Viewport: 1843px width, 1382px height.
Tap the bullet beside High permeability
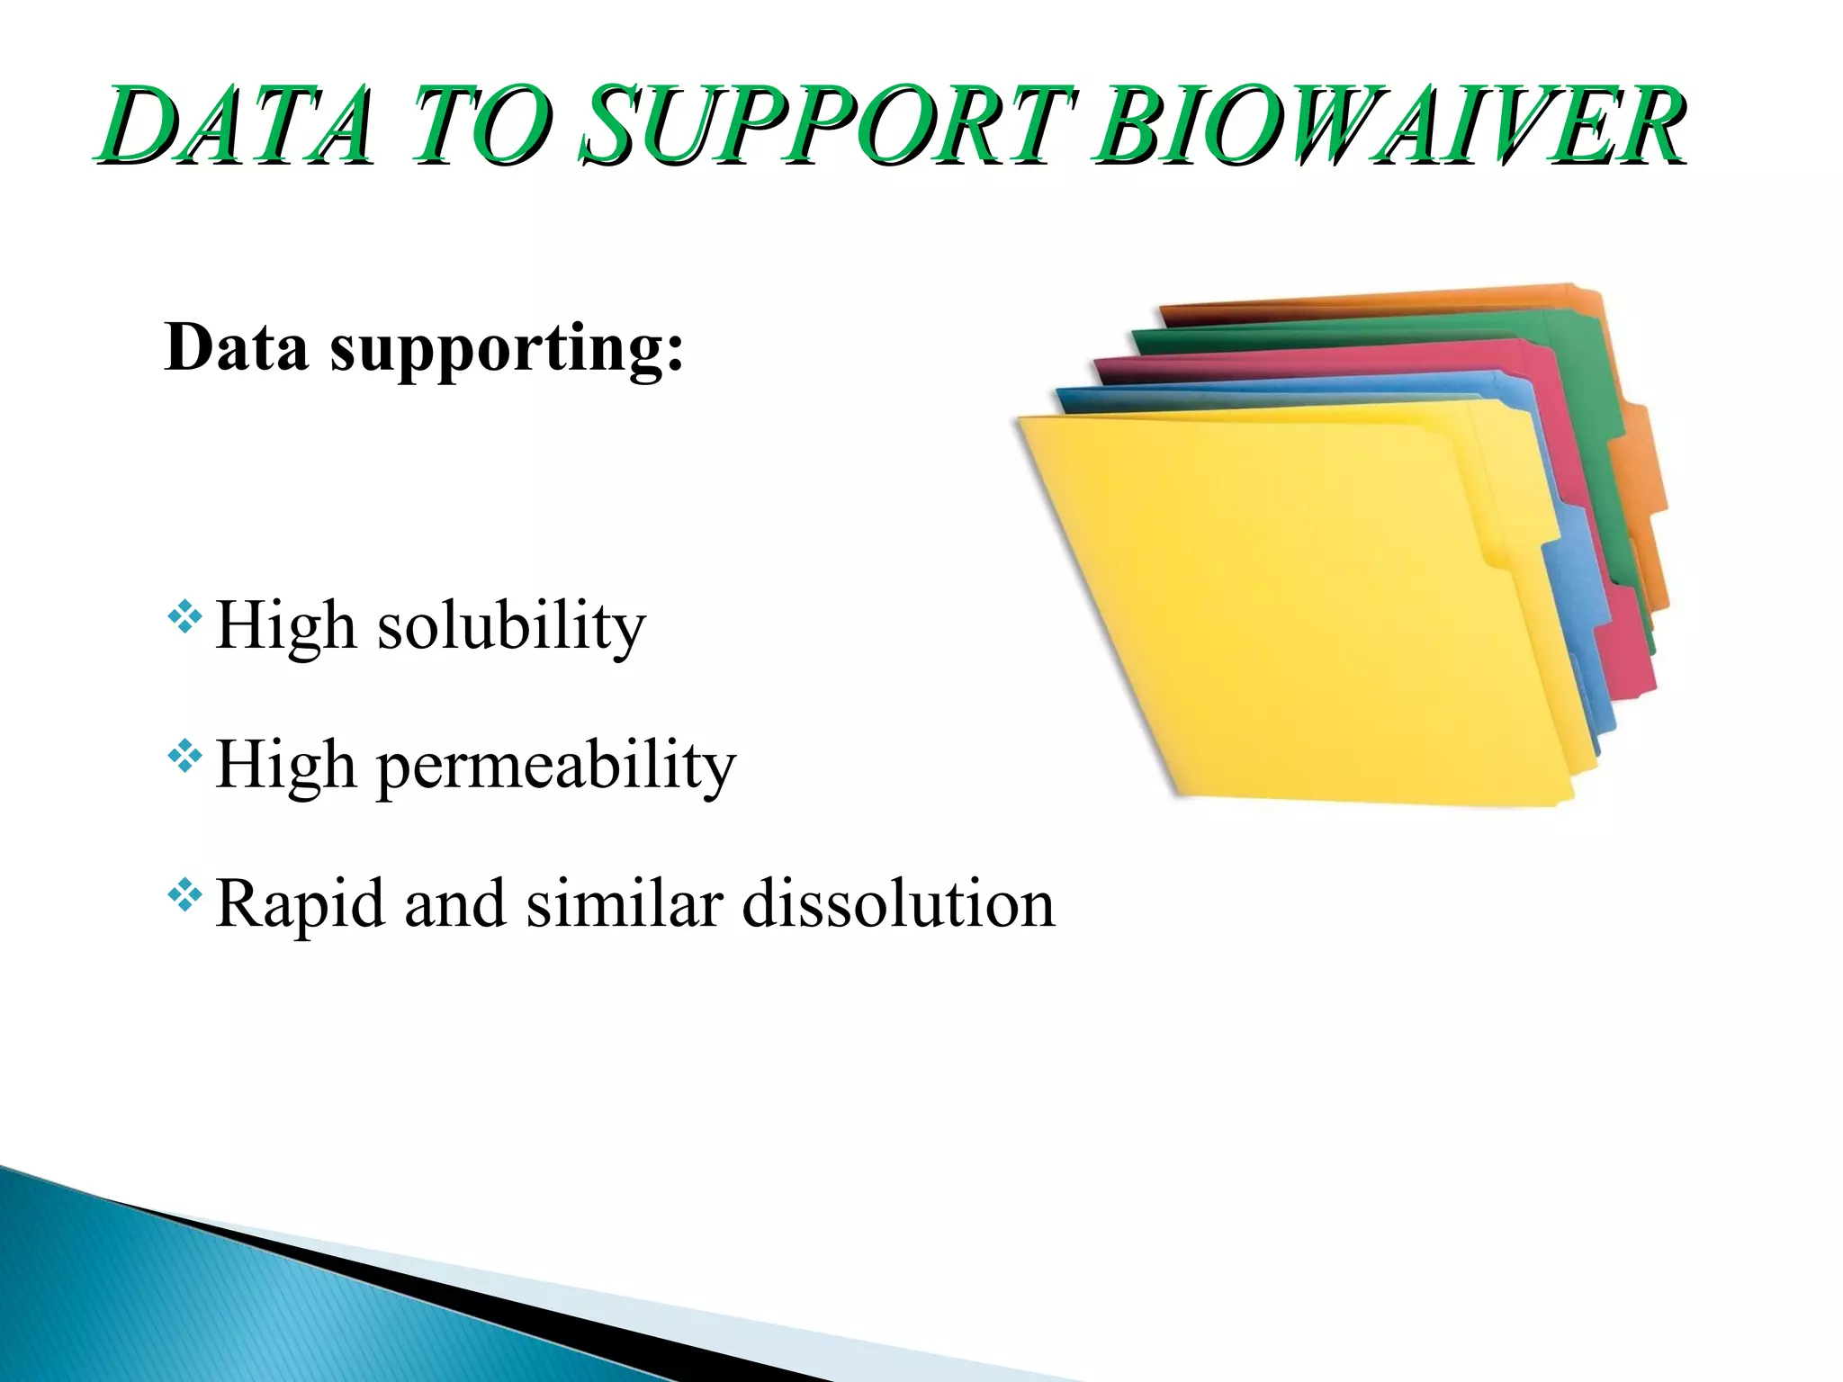(184, 757)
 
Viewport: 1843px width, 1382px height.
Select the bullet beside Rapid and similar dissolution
(184, 895)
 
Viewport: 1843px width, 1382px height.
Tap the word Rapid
(301, 904)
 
